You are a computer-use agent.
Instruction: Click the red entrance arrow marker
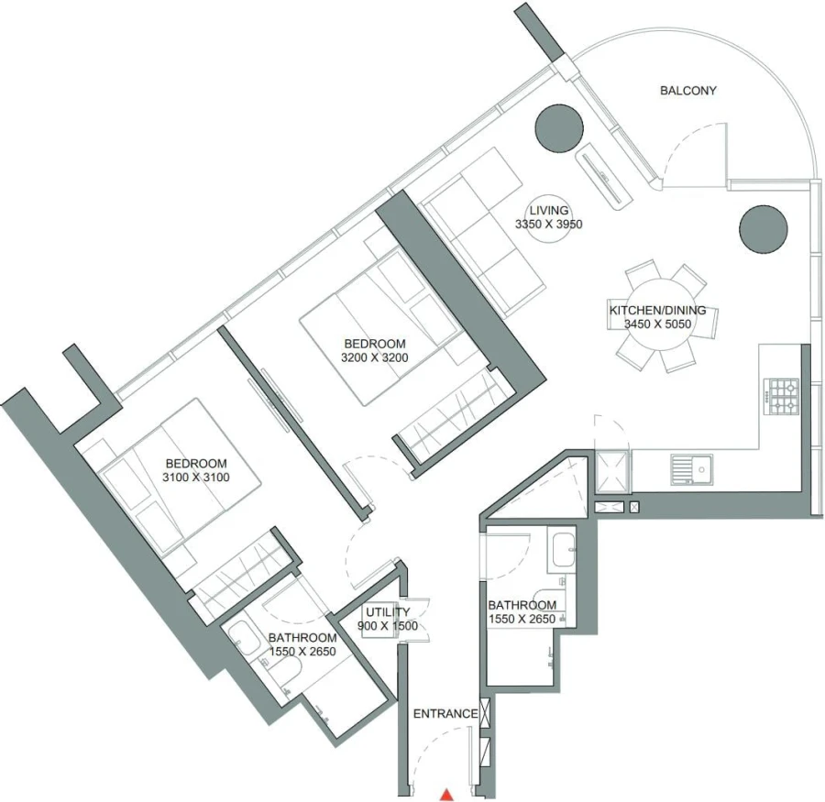coord(446,794)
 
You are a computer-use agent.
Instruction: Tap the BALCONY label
coord(687,91)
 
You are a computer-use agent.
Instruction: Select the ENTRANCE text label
coord(445,714)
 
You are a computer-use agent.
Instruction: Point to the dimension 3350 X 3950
coord(549,224)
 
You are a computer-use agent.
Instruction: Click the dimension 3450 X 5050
coord(657,324)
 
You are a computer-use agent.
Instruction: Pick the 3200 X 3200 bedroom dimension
coord(374,357)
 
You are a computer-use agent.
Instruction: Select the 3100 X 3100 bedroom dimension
coord(195,477)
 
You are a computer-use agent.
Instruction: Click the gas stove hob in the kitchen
coord(783,398)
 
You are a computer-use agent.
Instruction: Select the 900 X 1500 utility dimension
coord(387,626)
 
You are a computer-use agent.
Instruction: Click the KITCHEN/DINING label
coord(657,310)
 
